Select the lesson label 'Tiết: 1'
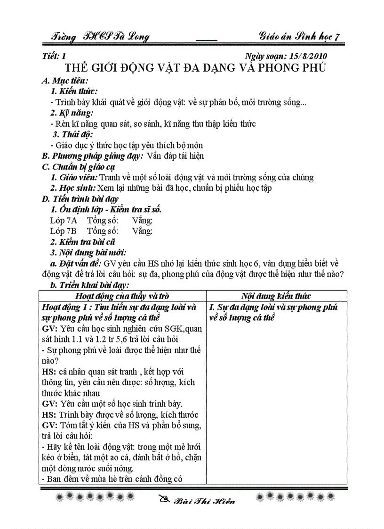tap(53, 57)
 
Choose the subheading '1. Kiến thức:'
tap(74, 91)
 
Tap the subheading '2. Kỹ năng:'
tap(72, 113)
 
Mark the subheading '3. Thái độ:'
tap(72, 134)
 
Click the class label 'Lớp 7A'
tap(64, 220)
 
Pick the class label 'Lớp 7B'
tap(64, 231)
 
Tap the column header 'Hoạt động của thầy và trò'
tap(122, 296)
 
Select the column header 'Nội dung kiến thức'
tap(276, 296)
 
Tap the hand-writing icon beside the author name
tap(163, 500)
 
